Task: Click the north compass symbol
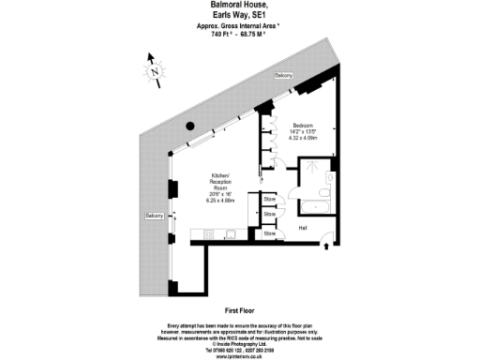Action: click(154, 69)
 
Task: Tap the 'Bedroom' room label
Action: click(303, 125)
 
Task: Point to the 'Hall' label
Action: click(303, 227)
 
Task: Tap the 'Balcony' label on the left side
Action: click(155, 217)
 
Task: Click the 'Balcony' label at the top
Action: click(284, 75)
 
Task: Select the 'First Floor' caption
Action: click(241, 309)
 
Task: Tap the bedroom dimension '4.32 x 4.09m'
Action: click(304, 138)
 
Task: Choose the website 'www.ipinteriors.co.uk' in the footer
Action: click(240, 355)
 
